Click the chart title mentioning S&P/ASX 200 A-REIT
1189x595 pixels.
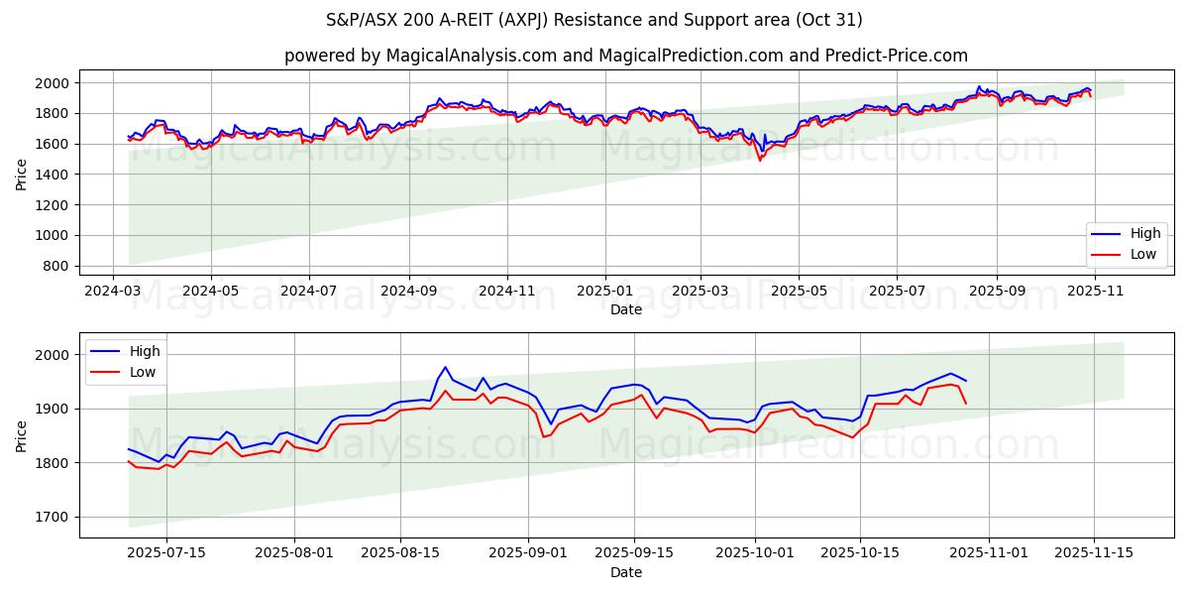(594, 20)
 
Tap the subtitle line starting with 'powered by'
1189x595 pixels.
(626, 56)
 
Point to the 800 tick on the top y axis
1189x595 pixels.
(57, 267)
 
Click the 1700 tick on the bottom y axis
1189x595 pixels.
(54, 517)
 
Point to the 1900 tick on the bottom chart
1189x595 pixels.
(54, 409)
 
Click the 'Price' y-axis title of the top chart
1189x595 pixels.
(22, 175)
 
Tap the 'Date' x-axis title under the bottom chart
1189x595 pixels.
(626, 572)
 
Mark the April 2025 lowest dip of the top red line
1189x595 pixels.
(760, 161)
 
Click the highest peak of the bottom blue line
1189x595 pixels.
(445, 367)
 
